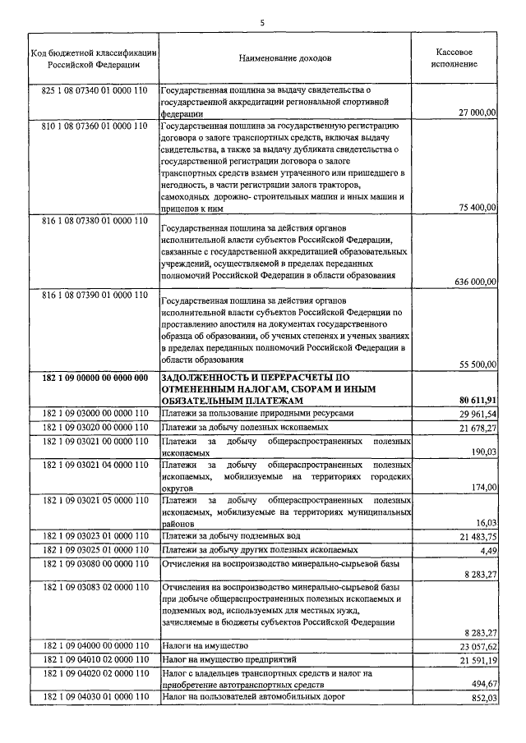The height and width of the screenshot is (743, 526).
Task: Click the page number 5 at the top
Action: [262, 22]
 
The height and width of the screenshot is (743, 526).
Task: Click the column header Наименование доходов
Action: [285, 59]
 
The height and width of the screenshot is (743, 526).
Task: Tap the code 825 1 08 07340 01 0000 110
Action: [94, 89]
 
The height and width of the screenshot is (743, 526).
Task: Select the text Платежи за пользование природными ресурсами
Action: [258, 414]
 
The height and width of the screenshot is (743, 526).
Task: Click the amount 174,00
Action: [484, 488]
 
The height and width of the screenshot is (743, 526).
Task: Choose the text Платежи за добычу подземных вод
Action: [234, 536]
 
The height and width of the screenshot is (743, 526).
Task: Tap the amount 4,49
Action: [488, 550]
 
